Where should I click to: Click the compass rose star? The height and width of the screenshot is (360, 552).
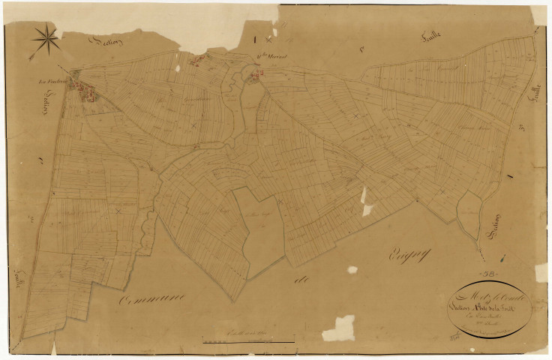(x=46, y=38)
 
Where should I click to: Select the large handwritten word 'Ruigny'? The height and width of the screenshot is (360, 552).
(x=406, y=256)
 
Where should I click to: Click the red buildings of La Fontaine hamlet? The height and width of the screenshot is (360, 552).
(x=83, y=89)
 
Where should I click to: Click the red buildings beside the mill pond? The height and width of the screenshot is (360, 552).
(x=256, y=74)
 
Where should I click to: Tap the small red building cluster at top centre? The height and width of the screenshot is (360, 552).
(x=197, y=60)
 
